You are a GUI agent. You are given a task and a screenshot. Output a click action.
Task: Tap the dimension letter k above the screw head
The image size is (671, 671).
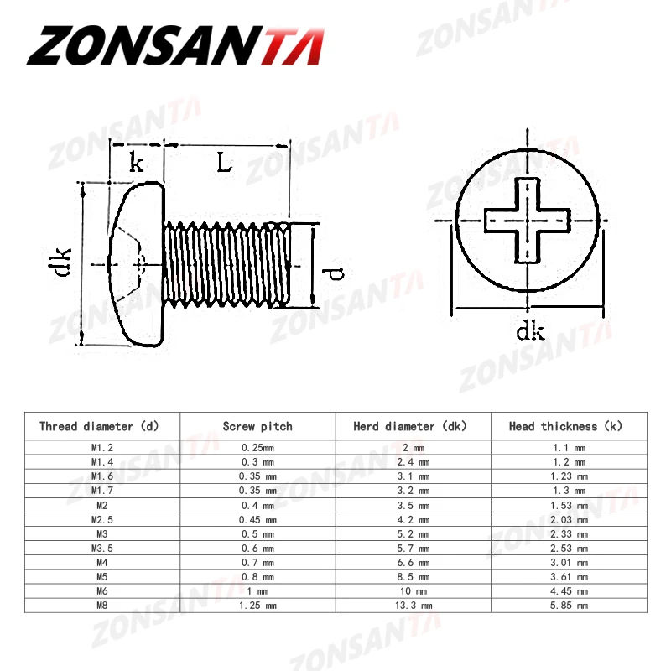pyautogui.click(x=136, y=162)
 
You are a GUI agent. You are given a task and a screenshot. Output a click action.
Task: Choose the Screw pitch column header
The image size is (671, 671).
pyautogui.click(x=257, y=426)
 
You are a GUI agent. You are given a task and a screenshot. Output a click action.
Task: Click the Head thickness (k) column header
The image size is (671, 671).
pyautogui.click(x=567, y=426)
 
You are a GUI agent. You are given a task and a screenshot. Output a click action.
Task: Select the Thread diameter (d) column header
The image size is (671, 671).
pyautogui.click(x=99, y=426)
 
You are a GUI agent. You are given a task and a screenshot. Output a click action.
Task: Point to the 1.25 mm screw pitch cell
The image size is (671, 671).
pyautogui.click(x=257, y=605)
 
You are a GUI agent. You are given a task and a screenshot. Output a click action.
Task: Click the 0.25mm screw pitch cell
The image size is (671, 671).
pyautogui.click(x=257, y=448)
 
